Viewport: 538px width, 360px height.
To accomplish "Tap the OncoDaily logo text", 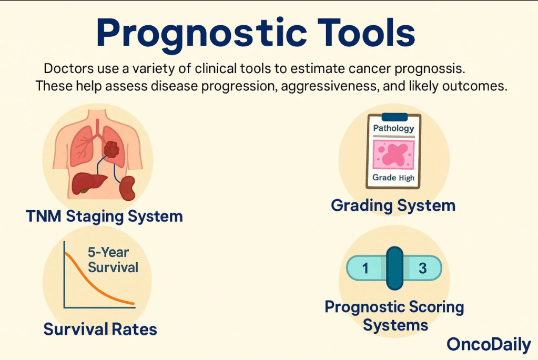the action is point(489,345).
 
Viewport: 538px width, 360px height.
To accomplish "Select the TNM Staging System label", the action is point(104,217).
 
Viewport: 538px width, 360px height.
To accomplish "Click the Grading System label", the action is point(393,205).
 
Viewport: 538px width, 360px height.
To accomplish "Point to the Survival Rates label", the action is point(100,329).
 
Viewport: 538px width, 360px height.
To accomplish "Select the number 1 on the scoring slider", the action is point(365,268).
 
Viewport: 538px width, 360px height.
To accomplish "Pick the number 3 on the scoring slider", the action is point(423,268).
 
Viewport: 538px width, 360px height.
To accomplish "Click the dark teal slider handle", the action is point(394,268).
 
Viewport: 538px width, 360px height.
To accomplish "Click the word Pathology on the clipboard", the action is point(393,128).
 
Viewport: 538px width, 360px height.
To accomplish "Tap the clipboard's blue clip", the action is point(394,117).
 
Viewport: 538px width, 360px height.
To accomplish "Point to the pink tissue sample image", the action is point(394,155).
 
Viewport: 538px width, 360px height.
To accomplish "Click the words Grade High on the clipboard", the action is point(393,178).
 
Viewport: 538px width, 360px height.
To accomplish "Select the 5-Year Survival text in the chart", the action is point(113,260).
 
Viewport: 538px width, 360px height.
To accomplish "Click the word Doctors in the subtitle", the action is point(68,68).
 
